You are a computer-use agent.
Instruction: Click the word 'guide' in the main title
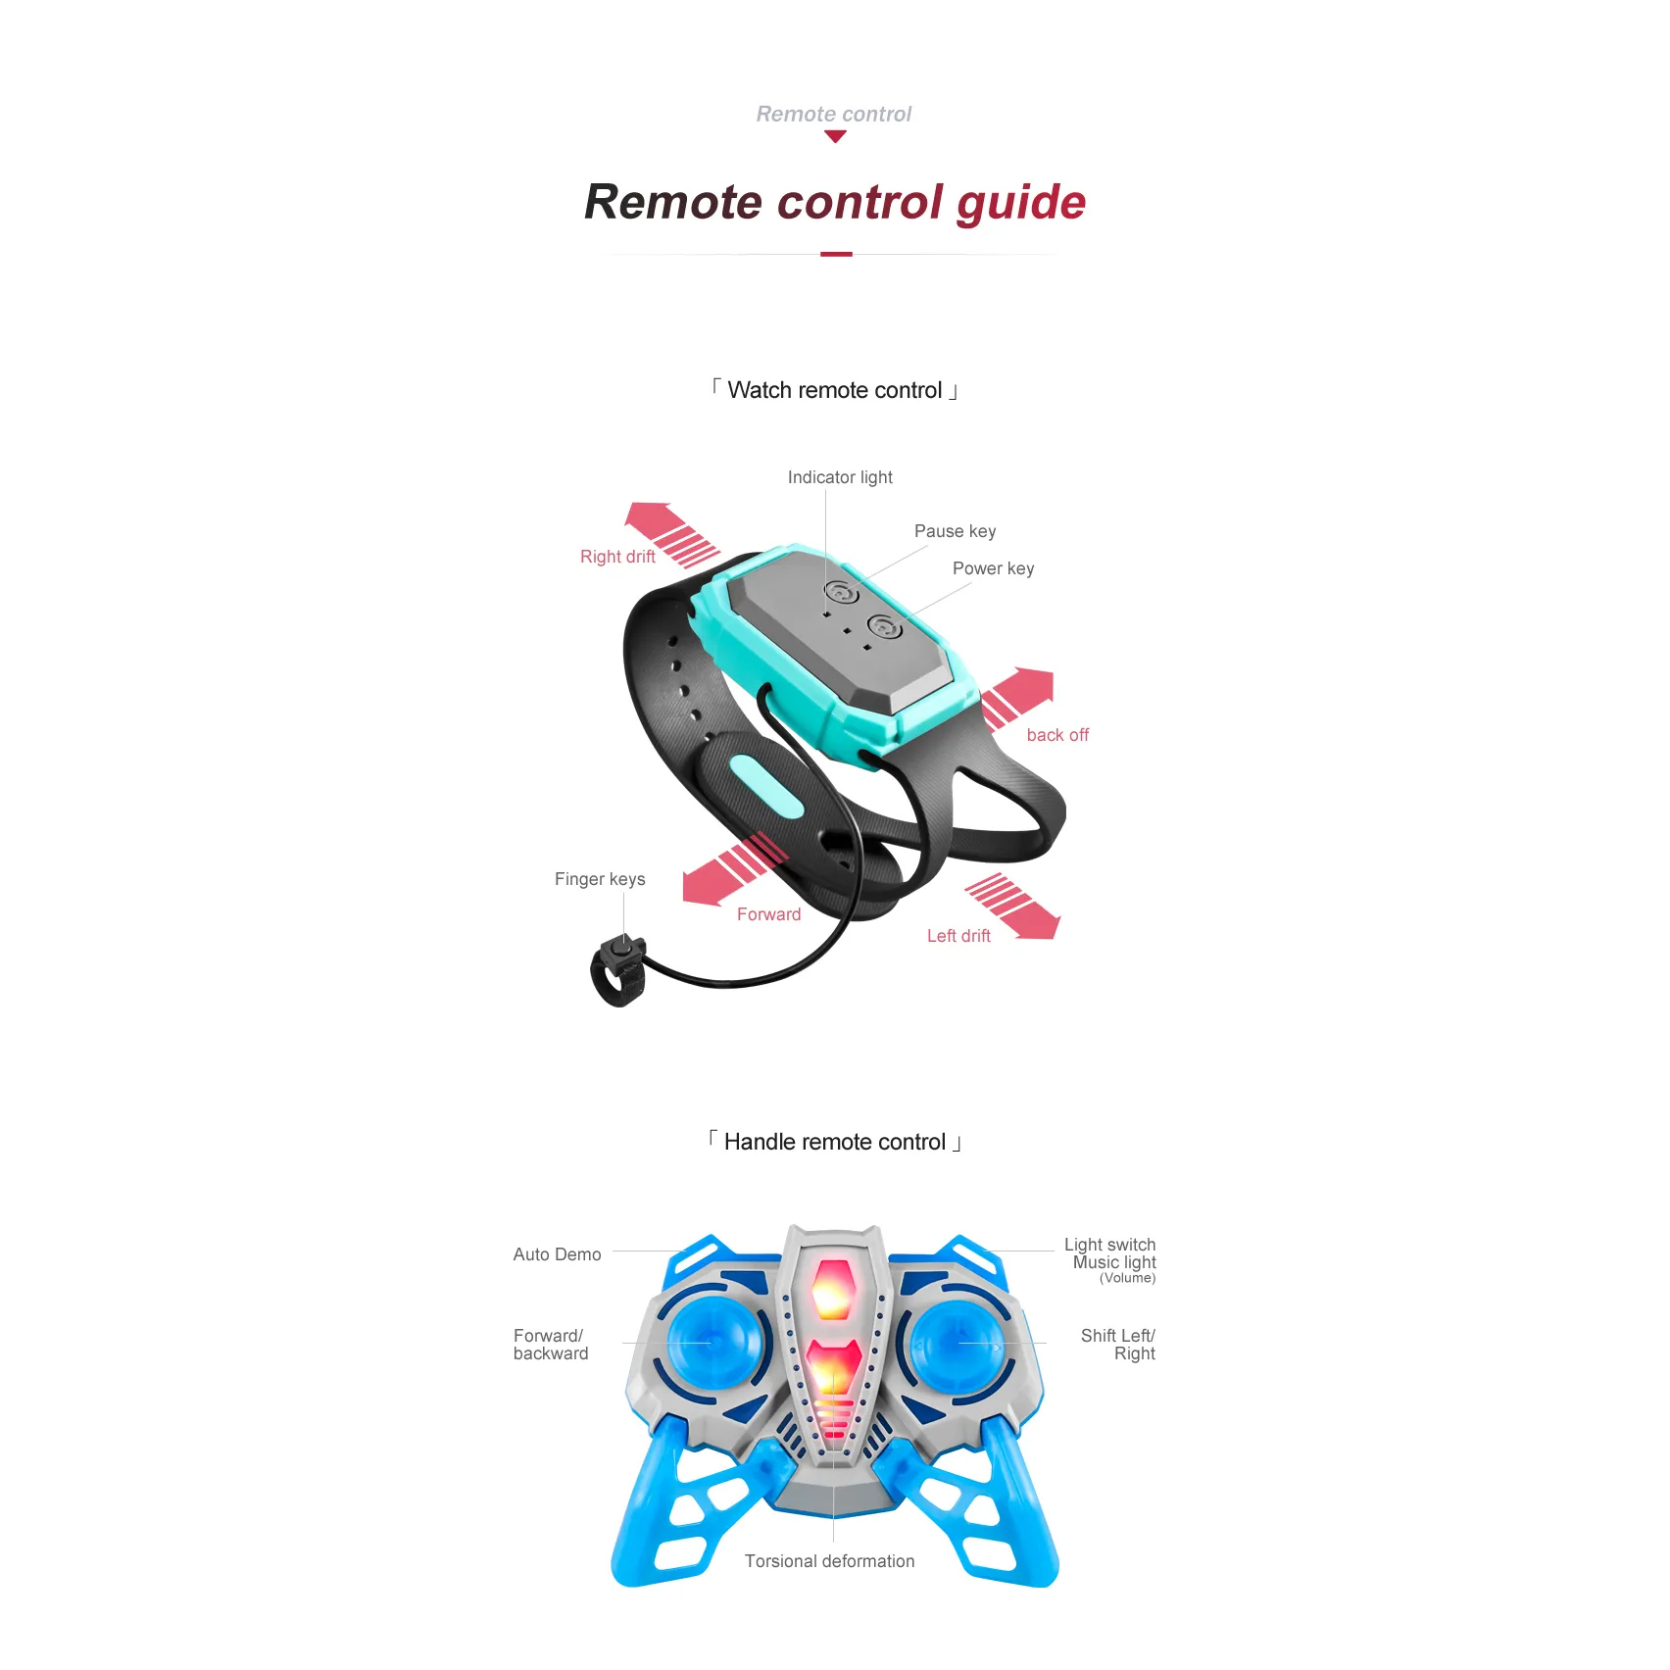coord(1021,204)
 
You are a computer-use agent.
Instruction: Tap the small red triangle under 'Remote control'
coord(835,137)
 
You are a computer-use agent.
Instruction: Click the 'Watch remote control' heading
coord(835,390)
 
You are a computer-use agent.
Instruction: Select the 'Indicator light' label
coord(840,477)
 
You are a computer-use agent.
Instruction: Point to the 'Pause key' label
coord(955,531)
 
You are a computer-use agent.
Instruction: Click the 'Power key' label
coord(993,568)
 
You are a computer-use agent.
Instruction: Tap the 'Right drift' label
coord(617,557)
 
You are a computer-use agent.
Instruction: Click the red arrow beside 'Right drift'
coord(671,534)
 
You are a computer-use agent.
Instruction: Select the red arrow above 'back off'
coord(1018,697)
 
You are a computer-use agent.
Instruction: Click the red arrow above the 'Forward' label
coord(734,868)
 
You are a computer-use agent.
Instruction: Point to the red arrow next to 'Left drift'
coord(1012,906)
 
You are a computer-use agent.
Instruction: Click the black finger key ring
coord(619,970)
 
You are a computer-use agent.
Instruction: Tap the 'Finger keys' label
coord(600,879)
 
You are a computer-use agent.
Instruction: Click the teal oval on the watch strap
coord(766,786)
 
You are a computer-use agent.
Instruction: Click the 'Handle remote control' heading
coord(835,1142)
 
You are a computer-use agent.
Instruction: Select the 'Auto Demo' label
coord(557,1254)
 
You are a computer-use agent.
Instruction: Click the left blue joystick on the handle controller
coord(712,1342)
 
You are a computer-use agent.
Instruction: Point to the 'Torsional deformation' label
coord(829,1561)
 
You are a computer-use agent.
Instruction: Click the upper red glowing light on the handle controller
coord(834,1289)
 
